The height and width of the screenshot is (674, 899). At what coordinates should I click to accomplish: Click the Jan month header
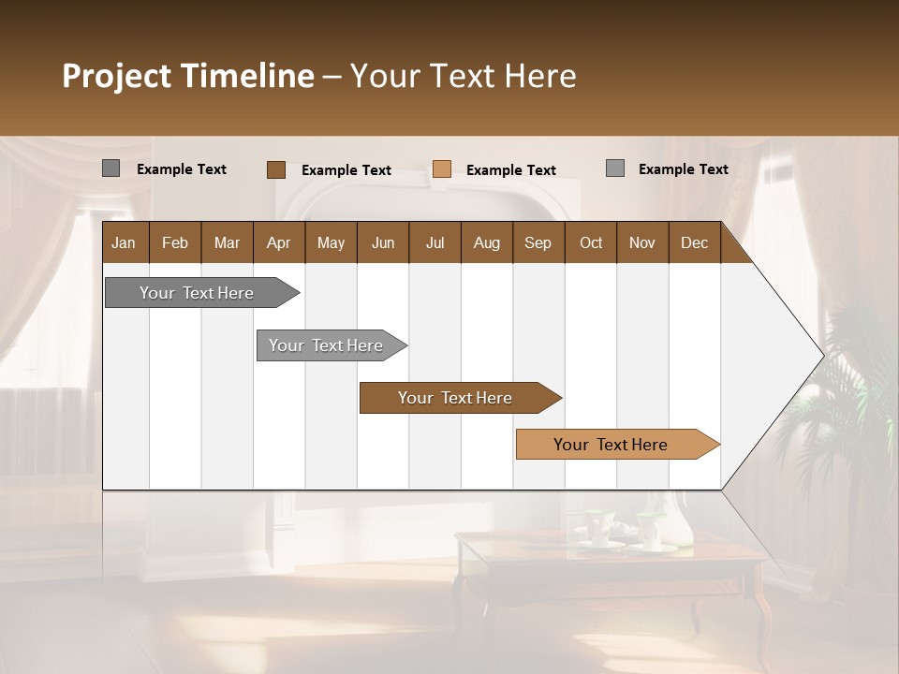[x=124, y=242]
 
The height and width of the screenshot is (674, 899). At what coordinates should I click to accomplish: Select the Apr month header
[x=278, y=242]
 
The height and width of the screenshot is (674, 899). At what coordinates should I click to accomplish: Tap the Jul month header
[x=435, y=242]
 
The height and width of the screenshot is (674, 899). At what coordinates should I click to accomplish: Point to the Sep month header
[x=538, y=242]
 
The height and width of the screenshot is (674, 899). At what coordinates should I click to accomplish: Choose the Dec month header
[x=694, y=242]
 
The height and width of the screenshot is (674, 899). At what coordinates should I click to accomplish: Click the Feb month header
[x=175, y=242]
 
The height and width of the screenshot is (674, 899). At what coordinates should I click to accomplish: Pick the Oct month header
[x=591, y=242]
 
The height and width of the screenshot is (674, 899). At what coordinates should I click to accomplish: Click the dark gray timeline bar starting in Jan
[x=197, y=293]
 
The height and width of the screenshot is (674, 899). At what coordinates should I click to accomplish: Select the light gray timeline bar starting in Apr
[x=326, y=345]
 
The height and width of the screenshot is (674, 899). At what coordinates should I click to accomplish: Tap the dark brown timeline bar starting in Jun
[x=455, y=398]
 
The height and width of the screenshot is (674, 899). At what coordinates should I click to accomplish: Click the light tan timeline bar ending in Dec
[x=611, y=445]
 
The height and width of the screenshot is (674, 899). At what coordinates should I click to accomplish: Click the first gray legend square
[x=111, y=168]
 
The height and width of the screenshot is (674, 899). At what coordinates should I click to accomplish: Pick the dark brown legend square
[x=275, y=169]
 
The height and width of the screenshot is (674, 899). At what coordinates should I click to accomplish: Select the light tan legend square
[x=442, y=169]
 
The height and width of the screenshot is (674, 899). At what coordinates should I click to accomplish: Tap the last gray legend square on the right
[x=614, y=168]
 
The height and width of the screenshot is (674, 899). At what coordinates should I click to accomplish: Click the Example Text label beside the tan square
[x=510, y=170]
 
